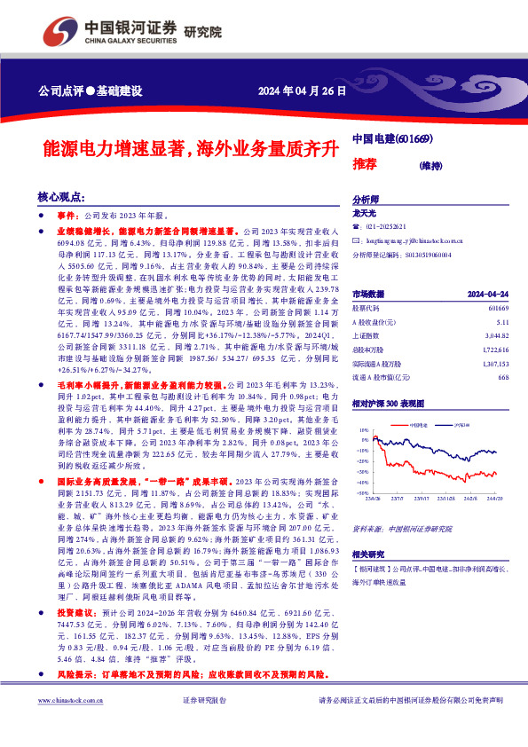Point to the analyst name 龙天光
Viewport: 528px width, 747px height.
point(366,214)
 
